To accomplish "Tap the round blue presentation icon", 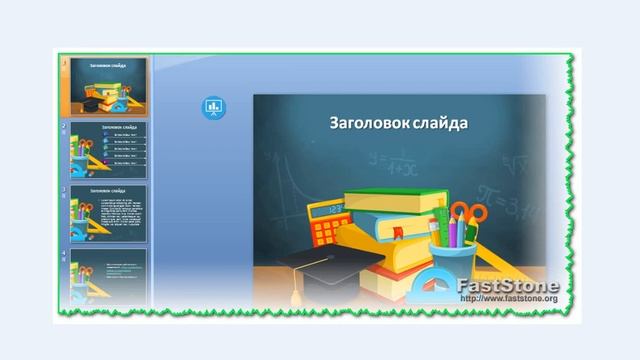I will point(213,106).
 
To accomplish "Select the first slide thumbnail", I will point(108,86).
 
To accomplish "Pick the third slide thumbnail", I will point(108,211).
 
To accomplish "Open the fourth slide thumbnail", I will point(108,274).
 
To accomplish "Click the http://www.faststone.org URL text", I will point(507,298).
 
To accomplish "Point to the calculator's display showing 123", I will point(334,210).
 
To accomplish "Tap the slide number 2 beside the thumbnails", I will point(64,126).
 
